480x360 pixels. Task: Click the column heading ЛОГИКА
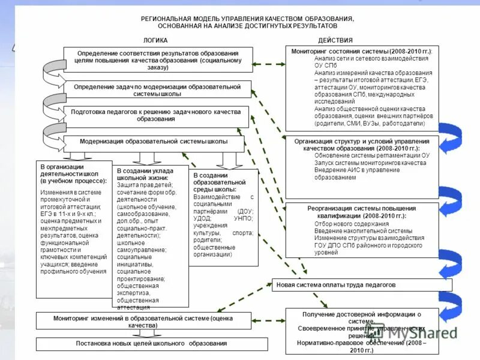[155, 40]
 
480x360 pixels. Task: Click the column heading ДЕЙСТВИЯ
[331, 40]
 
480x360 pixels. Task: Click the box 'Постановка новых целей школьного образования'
[151, 344]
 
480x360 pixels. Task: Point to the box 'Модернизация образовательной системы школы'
[154, 142]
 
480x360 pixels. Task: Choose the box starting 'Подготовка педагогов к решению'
[155, 115]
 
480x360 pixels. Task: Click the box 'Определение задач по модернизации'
[157, 90]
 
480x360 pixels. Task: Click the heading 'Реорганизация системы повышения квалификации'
[361, 212]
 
